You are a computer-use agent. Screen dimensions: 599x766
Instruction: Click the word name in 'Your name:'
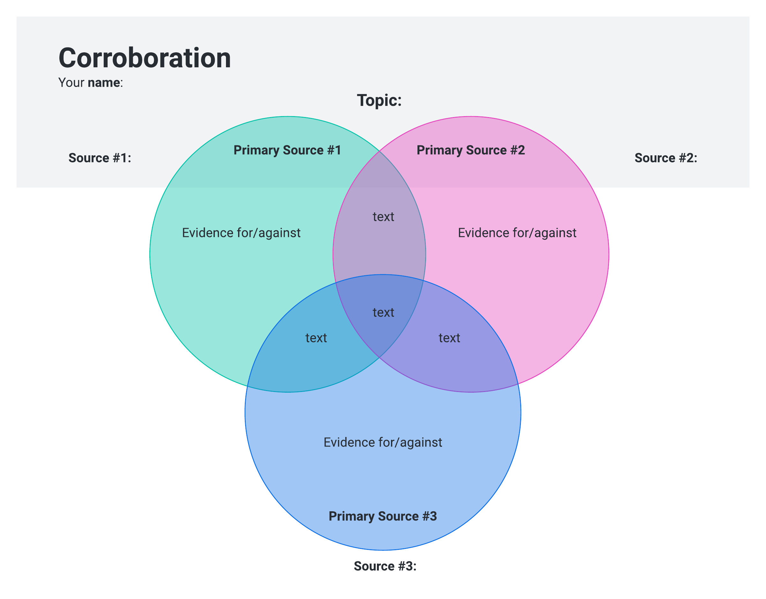[104, 83]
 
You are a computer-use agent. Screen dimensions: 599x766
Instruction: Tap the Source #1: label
[100, 158]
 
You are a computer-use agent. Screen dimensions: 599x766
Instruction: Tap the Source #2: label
[666, 158]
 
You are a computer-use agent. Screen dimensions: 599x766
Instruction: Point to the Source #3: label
[385, 566]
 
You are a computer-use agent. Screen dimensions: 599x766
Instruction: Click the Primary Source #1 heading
[287, 150]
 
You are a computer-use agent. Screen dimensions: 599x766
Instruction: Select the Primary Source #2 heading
[470, 150]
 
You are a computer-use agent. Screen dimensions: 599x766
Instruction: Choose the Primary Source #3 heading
[382, 516]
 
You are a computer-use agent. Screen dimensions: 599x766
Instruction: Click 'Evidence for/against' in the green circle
[241, 233]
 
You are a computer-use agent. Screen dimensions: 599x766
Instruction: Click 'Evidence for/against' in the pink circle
[517, 233]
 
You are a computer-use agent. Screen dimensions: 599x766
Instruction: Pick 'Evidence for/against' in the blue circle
[382, 443]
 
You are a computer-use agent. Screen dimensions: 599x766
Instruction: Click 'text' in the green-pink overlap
[383, 217]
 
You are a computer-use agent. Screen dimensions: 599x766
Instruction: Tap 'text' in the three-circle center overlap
[383, 313]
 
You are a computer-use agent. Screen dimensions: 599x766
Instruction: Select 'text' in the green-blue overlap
[316, 338]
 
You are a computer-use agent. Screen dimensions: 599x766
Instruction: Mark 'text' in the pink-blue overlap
[449, 338]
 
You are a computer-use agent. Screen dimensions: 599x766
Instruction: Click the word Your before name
[71, 83]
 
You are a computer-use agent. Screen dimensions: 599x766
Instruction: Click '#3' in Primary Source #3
[429, 516]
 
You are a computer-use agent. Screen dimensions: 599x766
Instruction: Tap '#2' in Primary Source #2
[517, 150]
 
